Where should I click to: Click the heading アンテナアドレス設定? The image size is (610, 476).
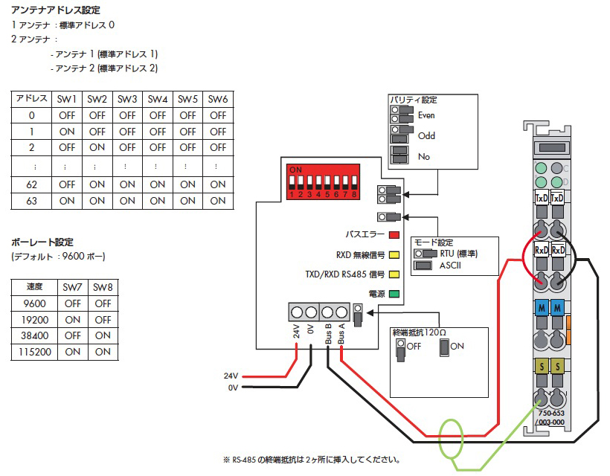(x=56, y=10)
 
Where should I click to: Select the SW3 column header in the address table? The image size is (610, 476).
(x=127, y=99)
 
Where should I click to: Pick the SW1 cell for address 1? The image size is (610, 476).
(x=67, y=131)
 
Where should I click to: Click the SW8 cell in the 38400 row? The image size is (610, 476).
(x=103, y=335)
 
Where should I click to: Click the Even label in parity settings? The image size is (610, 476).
(x=426, y=115)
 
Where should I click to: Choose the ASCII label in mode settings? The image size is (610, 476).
(x=450, y=265)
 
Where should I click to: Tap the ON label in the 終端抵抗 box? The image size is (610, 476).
(x=457, y=347)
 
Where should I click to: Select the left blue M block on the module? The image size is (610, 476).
(x=540, y=308)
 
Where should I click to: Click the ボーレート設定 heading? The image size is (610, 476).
(x=42, y=242)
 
